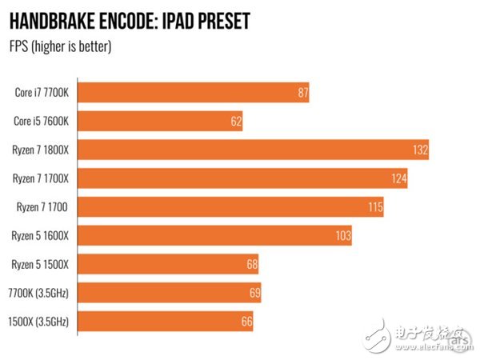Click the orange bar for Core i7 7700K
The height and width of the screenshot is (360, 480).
coord(192,92)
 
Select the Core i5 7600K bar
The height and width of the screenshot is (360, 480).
coord(160,121)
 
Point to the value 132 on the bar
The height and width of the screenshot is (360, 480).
coord(420,150)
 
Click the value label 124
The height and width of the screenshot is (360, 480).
coord(399,178)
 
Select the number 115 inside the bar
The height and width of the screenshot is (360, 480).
coord(375,207)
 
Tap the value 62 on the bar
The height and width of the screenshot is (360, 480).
coord(234,121)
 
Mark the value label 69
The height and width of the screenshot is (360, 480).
coord(254,293)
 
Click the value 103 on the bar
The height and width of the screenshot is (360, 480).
coord(342,235)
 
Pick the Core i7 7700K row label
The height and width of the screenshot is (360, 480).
coord(42,92)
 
